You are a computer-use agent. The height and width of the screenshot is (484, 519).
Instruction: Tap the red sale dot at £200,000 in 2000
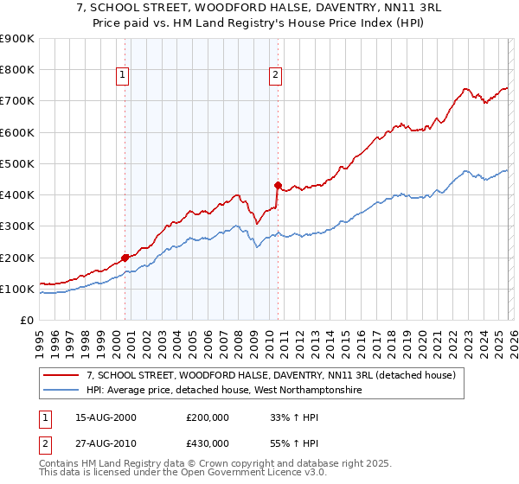click(125, 257)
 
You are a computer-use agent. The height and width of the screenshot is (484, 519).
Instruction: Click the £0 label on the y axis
click(26, 320)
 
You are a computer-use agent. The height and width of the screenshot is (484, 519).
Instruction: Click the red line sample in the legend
click(61, 376)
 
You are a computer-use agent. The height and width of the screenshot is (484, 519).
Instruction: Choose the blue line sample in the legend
click(61, 391)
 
